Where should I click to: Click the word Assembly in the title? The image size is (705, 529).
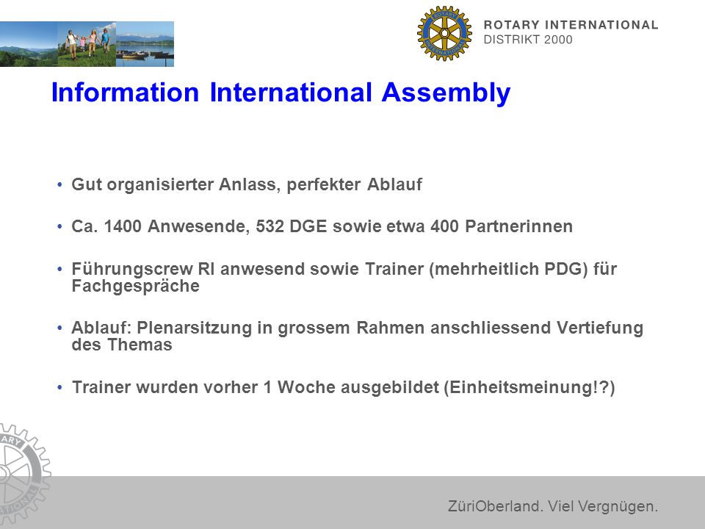(x=446, y=93)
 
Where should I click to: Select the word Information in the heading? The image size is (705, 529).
(x=125, y=93)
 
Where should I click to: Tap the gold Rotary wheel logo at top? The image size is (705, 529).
(x=444, y=33)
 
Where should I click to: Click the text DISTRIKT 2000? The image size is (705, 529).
(x=528, y=40)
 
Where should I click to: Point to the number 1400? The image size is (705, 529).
(x=123, y=226)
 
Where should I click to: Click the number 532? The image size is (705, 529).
(x=270, y=226)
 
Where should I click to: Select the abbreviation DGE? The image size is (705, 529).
(x=308, y=226)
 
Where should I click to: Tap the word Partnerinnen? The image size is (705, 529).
(x=519, y=226)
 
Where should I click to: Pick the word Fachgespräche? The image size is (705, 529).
(x=135, y=287)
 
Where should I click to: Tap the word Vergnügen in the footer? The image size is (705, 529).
(x=618, y=507)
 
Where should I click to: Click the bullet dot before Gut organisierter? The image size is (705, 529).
(x=59, y=185)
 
